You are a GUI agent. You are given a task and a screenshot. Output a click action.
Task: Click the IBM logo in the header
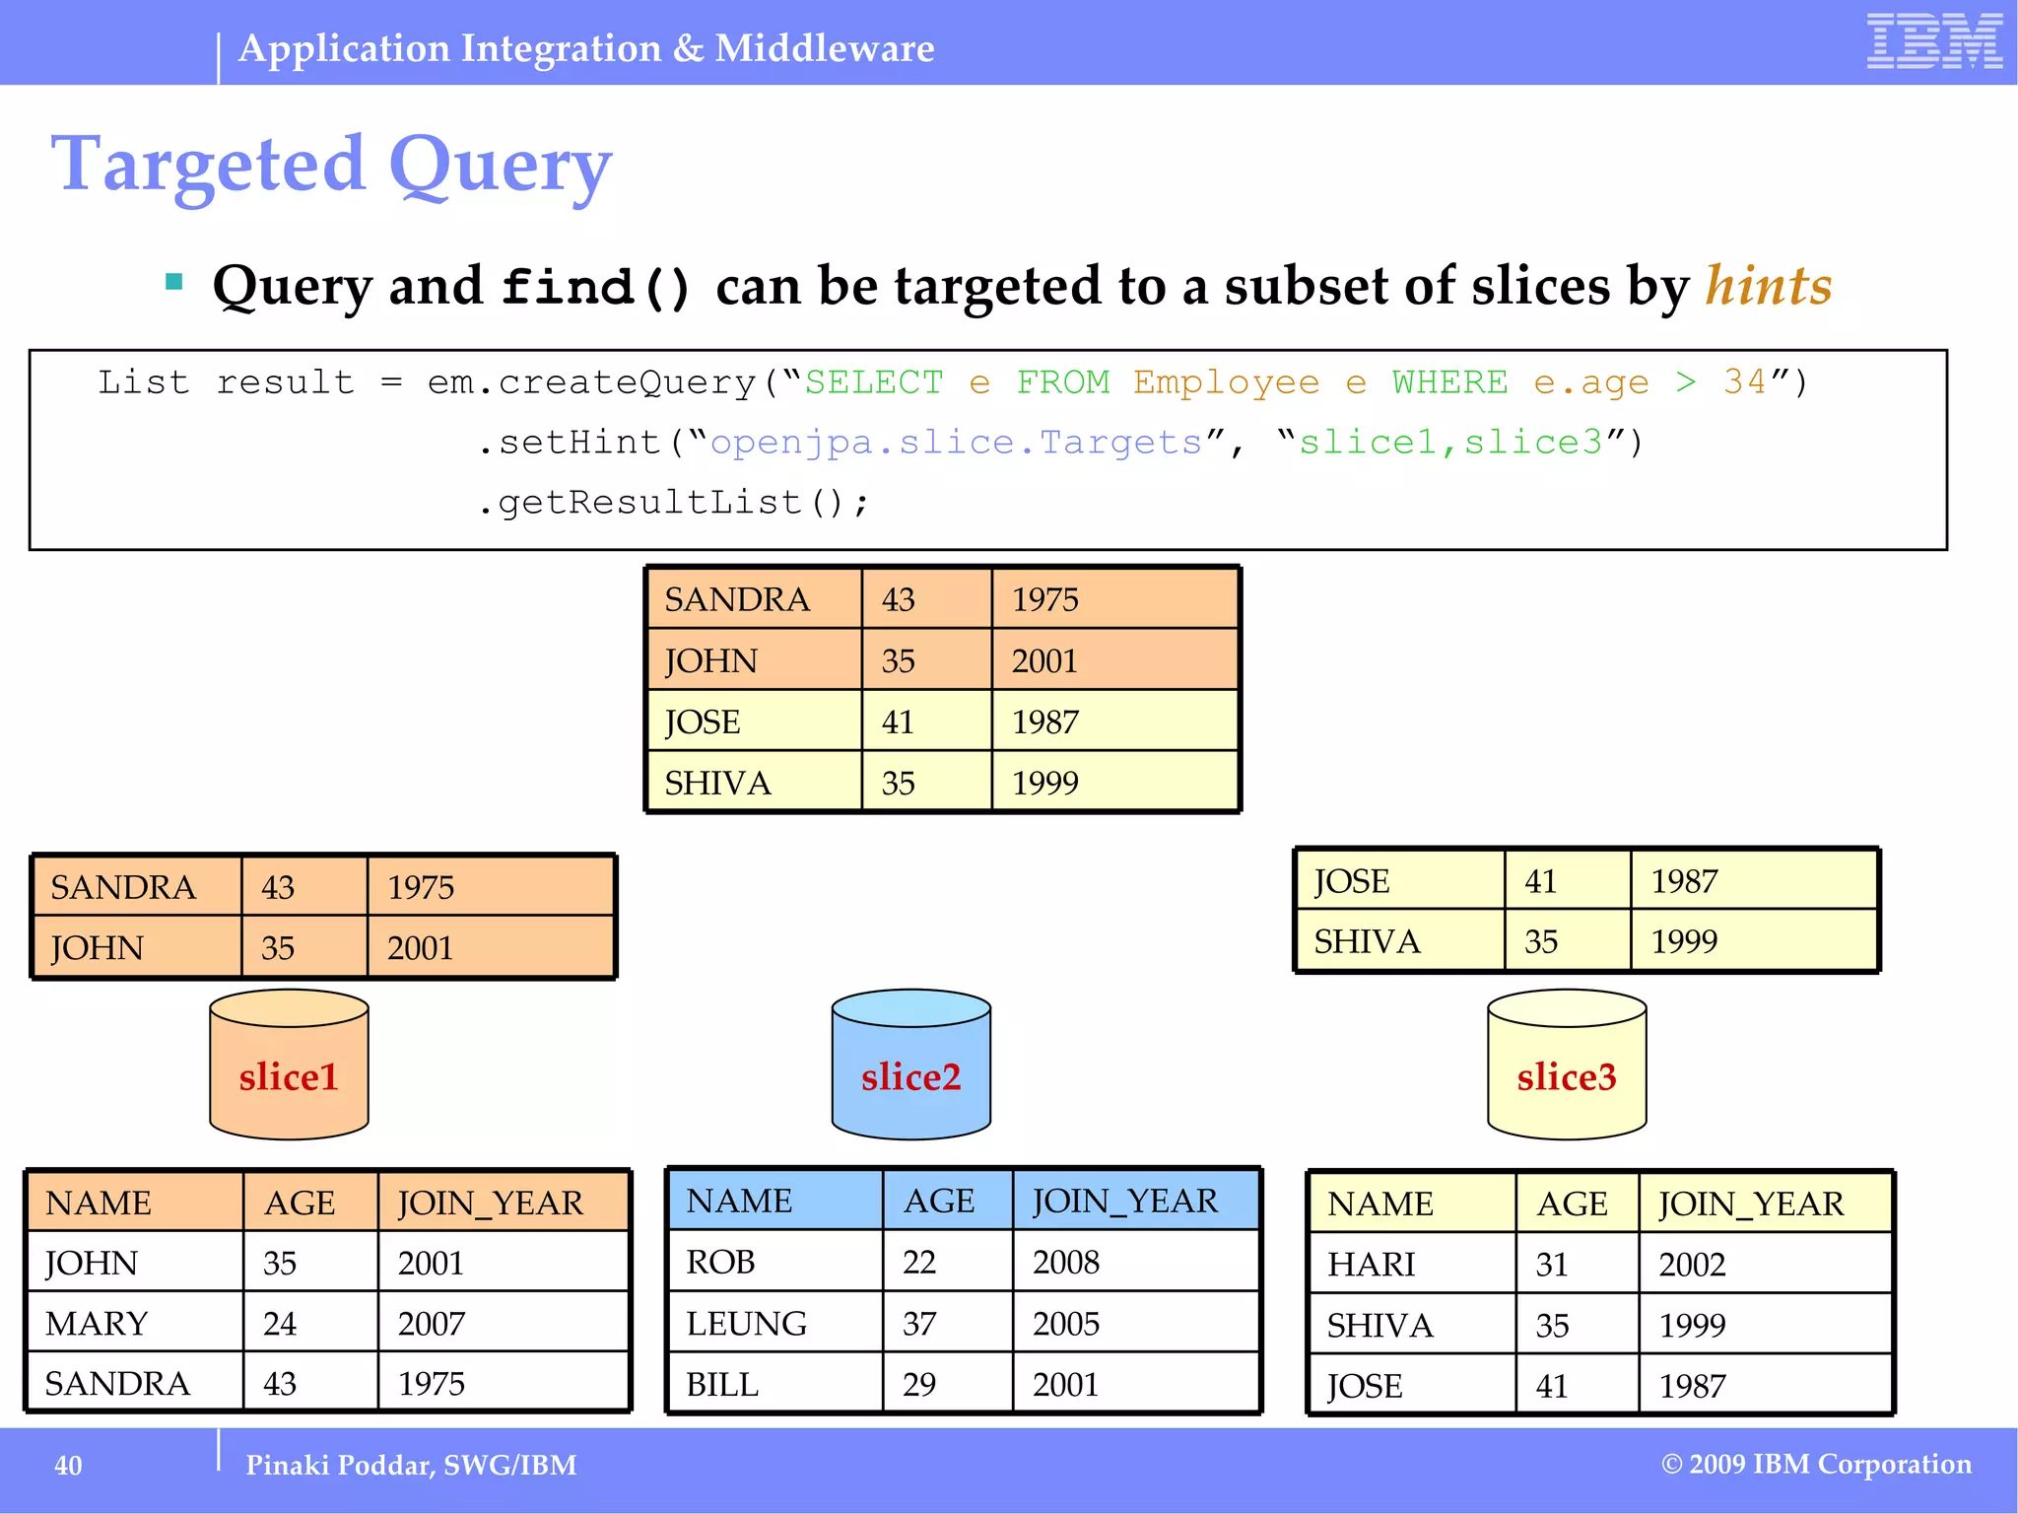tap(1933, 42)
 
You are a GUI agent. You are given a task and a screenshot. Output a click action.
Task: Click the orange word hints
tap(1769, 287)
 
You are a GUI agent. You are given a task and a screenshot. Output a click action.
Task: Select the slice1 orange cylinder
tap(289, 1065)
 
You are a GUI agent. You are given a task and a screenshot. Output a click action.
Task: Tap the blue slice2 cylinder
tap(910, 1065)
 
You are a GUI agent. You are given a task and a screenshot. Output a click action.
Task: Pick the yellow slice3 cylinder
tap(1567, 1065)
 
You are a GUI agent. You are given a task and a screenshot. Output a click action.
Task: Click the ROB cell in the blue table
tap(721, 1263)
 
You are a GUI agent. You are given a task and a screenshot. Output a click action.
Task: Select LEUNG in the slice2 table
tap(747, 1324)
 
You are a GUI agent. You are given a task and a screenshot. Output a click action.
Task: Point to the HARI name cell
tap(1371, 1265)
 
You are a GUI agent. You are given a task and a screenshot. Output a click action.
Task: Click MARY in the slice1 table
tap(97, 1324)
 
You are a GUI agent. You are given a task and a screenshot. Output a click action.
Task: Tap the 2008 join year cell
tap(1066, 1263)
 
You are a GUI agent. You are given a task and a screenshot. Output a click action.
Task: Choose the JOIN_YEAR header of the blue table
tap(1125, 1202)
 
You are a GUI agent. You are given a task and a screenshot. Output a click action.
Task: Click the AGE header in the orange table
tap(300, 1204)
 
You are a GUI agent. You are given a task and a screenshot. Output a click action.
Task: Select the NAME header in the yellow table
tap(1379, 1204)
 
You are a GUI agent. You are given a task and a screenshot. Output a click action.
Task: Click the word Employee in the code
tap(1226, 382)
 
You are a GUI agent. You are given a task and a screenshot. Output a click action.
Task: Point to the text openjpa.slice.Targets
tap(956, 443)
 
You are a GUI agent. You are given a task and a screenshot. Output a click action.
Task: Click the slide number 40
tap(68, 1466)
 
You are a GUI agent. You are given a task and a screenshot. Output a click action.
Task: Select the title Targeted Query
tap(331, 165)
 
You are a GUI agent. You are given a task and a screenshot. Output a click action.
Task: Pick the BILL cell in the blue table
tap(722, 1385)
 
